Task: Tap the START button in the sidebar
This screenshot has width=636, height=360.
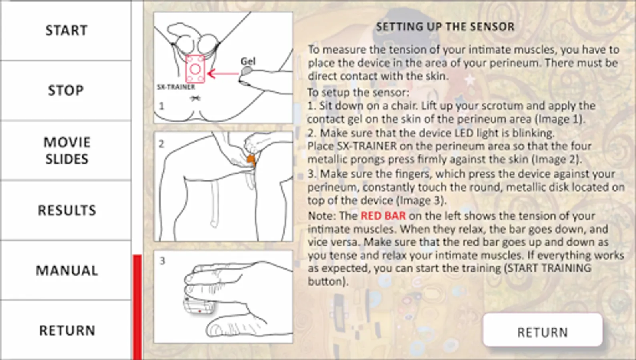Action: point(66,30)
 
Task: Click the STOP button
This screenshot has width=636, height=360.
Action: point(66,90)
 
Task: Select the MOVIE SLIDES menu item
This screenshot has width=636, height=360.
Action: point(66,150)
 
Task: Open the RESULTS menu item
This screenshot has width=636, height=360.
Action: point(66,210)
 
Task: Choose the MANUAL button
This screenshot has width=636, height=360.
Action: point(66,270)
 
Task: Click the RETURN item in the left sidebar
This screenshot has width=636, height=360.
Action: point(66,330)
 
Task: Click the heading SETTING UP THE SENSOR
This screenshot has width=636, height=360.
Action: point(445,27)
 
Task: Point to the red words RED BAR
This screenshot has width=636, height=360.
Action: point(383,216)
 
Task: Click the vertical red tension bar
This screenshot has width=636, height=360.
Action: point(137,307)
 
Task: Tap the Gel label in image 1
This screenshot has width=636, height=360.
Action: point(248,61)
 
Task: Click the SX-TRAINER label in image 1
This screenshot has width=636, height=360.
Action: point(176,87)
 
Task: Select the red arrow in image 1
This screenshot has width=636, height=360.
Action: point(223,74)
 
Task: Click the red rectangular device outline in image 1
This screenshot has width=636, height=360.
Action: point(195,69)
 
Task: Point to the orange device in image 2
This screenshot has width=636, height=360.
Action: point(251,160)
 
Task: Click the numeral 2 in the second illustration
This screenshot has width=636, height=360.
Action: point(161,144)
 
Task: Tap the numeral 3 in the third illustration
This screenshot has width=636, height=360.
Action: point(162,261)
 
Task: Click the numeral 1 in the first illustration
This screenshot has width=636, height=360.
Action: point(162,106)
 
